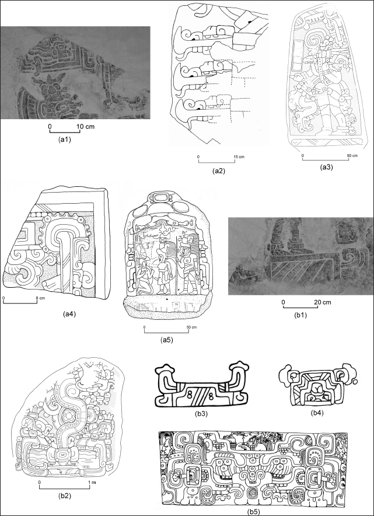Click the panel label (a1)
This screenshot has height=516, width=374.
point(64,139)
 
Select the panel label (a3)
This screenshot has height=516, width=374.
point(327,167)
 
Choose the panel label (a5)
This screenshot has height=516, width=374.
point(166,340)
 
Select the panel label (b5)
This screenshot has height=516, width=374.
point(253,512)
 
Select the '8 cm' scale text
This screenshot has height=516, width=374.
point(40,298)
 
